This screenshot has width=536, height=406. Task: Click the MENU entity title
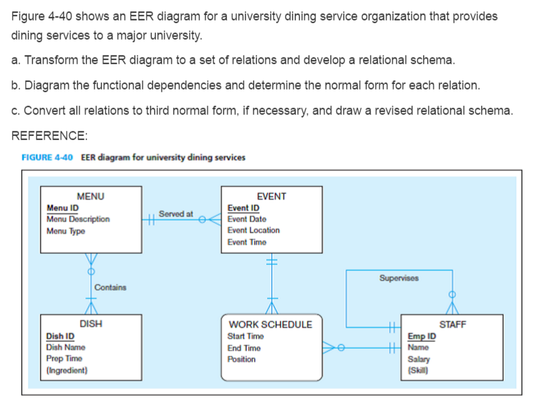(91, 196)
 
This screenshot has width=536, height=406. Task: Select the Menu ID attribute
(63, 208)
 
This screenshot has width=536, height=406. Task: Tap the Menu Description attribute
(78, 219)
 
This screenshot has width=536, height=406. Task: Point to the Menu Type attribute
(66, 231)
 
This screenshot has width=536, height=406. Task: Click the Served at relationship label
(175, 214)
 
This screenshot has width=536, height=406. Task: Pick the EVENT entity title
(271, 196)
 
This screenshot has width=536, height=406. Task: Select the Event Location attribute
(253, 230)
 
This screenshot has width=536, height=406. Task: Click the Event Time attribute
(246, 242)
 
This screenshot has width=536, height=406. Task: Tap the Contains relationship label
(110, 287)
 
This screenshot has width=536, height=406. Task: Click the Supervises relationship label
(399, 278)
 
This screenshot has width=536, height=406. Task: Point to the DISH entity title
(91, 325)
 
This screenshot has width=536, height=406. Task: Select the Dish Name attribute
(66, 347)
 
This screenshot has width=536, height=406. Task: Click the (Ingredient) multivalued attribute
(67, 370)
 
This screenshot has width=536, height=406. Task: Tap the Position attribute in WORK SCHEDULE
(241, 360)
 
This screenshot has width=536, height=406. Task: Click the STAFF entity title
(452, 325)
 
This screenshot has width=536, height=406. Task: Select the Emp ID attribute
(421, 336)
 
